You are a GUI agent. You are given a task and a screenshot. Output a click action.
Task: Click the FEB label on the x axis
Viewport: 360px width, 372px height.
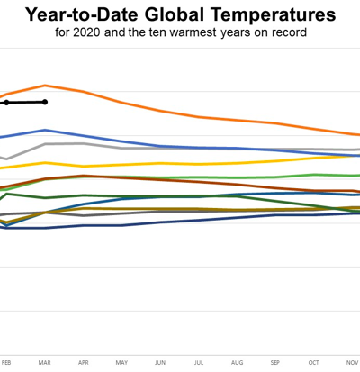pos(6,363)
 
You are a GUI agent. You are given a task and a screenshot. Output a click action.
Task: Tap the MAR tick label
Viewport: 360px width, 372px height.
pos(45,363)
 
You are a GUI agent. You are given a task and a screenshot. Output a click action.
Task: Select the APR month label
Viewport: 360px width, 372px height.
pos(84,363)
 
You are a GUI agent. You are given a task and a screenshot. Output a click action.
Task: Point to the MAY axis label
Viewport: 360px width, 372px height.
pos(121,363)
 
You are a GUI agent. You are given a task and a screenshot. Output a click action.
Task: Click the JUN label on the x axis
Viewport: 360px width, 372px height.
pos(160,363)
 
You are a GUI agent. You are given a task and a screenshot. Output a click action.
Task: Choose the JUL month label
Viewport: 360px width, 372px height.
pos(199,363)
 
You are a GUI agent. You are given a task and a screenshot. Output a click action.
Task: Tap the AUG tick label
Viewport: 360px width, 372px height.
pos(237,363)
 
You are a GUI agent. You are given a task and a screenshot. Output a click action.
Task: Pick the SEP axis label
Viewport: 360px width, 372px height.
pos(275,363)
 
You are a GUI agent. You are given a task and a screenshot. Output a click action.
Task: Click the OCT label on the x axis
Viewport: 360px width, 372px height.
pos(314,363)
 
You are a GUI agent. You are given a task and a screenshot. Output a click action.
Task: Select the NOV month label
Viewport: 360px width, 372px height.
pos(352,363)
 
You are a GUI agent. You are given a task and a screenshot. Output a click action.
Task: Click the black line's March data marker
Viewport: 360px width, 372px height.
pos(45,102)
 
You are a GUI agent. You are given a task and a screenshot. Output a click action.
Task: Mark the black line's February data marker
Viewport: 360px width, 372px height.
pos(6,103)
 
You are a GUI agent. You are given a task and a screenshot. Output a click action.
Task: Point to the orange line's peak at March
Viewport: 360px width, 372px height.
pos(45,86)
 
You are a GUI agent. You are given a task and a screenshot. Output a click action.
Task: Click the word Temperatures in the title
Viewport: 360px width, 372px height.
pos(273,14)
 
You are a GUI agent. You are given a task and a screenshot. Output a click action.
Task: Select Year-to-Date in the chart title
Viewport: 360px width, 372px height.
pos(83,15)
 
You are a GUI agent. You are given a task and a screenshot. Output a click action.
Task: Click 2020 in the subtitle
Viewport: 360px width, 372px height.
pos(86,32)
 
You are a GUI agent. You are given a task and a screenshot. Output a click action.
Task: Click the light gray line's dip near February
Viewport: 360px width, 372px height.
pos(6,159)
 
